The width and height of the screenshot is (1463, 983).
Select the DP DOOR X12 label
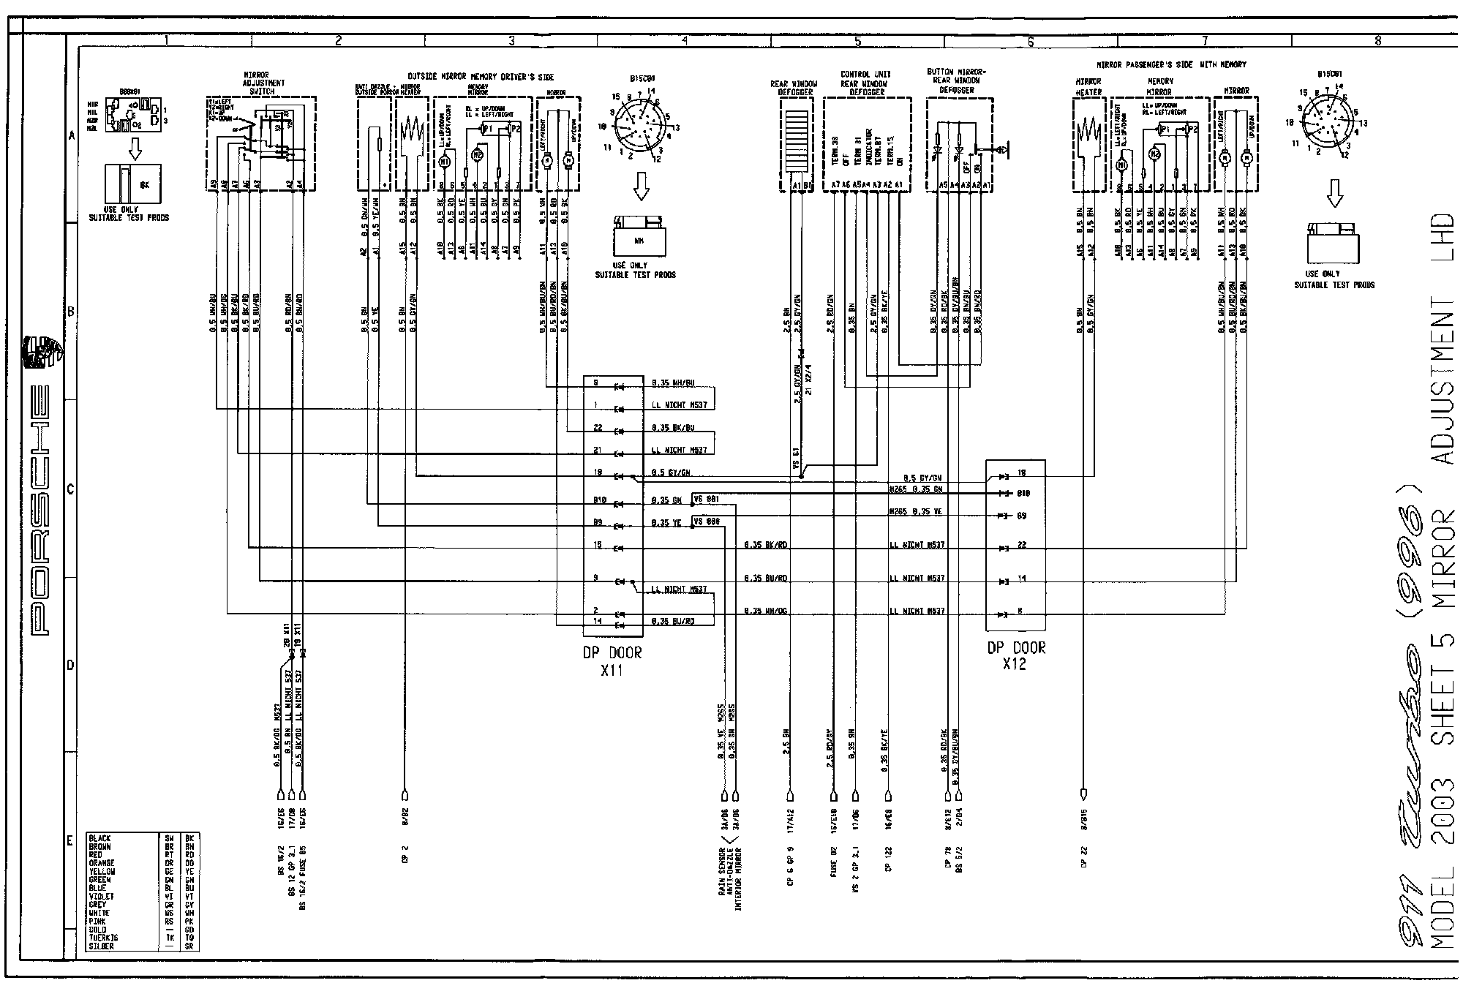[x=1016, y=655]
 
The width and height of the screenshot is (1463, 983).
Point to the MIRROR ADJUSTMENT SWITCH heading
[x=262, y=83]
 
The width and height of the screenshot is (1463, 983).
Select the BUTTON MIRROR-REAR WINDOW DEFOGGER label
[x=957, y=80]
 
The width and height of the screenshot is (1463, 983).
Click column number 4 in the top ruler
[x=684, y=42]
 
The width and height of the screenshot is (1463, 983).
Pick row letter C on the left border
[x=71, y=489]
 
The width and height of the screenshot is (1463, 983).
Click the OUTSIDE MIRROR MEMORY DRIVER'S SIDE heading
[x=481, y=76]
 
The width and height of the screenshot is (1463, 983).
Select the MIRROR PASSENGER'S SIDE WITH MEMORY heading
[x=1172, y=65]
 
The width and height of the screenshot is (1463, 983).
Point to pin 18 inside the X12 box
[x=1022, y=474]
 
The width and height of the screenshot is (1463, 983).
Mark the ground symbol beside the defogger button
[x=1003, y=151]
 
